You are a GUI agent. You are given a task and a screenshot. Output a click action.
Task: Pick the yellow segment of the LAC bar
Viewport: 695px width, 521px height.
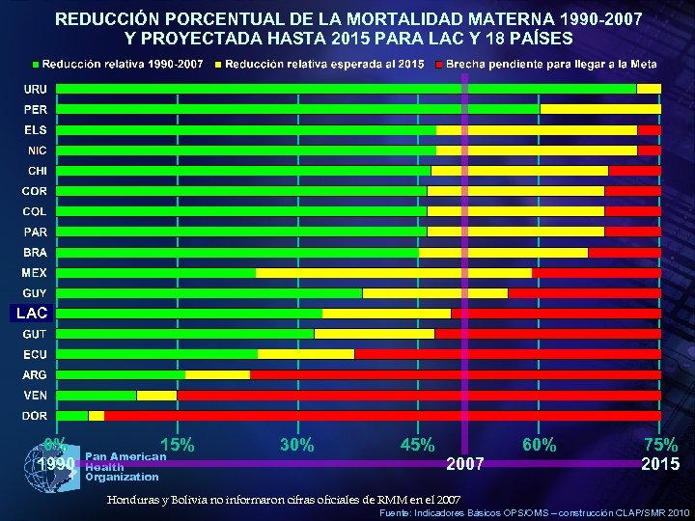(386, 314)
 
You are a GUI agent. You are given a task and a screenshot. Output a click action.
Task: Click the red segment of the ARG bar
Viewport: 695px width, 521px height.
(455, 374)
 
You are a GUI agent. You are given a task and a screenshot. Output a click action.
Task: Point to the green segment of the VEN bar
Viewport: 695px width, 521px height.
(97, 396)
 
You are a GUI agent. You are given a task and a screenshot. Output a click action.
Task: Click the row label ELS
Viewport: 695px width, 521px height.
(35, 130)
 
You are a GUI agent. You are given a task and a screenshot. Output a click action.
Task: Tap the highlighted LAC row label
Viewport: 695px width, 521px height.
(31, 314)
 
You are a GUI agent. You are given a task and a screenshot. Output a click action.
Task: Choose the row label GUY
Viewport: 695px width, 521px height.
(35, 293)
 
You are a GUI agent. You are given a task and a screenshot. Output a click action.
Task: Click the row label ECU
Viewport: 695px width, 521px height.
(35, 354)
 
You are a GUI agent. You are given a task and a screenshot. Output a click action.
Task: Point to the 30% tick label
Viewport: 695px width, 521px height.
(297, 446)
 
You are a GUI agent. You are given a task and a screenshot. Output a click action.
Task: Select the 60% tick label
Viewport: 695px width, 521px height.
(539, 446)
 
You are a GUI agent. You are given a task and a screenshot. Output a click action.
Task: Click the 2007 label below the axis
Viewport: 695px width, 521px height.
(465, 464)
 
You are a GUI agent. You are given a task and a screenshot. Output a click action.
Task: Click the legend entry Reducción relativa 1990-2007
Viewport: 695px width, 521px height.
(122, 64)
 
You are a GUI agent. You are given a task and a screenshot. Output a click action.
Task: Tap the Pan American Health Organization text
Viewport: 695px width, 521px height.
(124, 466)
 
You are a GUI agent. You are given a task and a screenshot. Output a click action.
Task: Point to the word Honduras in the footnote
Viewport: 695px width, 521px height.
(134, 499)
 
